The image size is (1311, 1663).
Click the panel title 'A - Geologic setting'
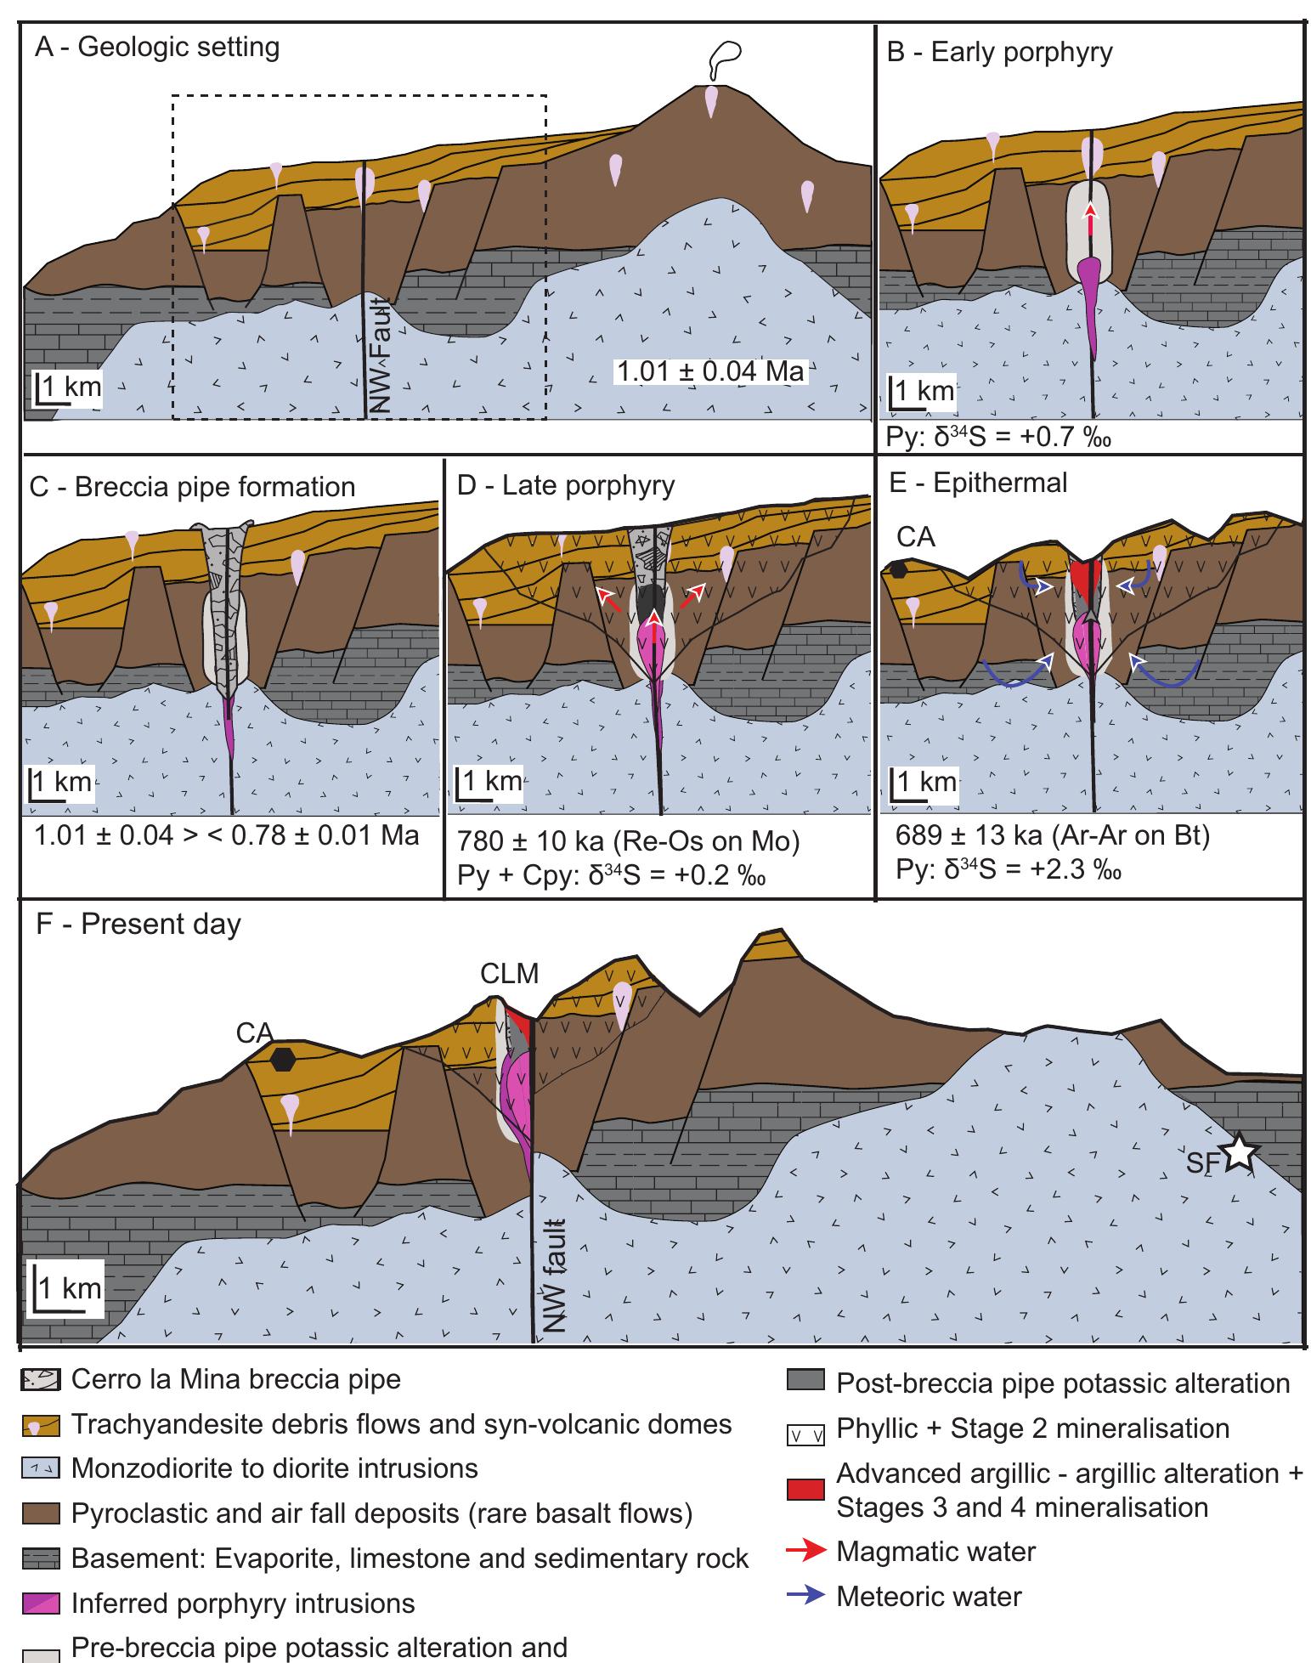(157, 47)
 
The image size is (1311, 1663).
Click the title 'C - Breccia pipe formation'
(192, 487)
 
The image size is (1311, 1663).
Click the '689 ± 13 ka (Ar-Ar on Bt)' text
(1053, 836)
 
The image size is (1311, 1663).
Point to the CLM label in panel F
(509, 973)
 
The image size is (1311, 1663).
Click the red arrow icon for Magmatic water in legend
(805, 1552)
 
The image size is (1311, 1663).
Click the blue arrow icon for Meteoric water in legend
(805, 1597)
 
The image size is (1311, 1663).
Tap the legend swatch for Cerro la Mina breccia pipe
(40, 1381)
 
